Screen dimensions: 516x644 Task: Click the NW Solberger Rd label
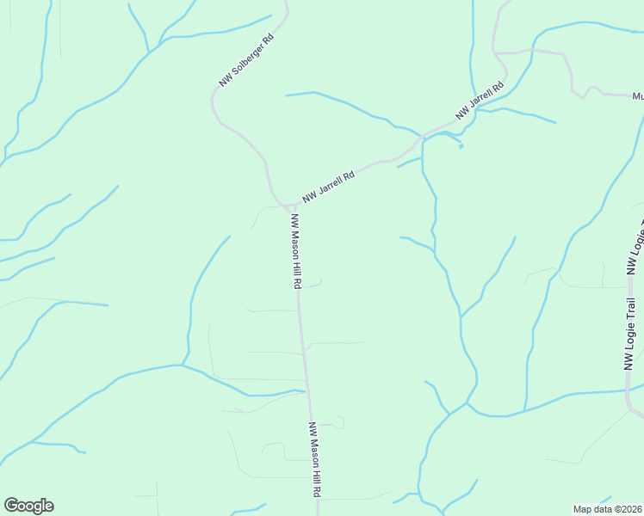[x=245, y=60]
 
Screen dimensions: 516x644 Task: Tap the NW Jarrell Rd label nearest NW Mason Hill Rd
[x=328, y=187]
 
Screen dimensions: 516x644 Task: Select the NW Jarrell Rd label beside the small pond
[x=479, y=101]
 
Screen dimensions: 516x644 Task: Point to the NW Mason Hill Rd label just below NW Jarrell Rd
[x=295, y=250]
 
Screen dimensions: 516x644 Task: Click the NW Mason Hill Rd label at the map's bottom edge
[x=315, y=459]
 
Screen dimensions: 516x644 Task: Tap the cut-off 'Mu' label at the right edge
[x=637, y=95]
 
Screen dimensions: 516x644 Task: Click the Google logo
[x=28, y=506]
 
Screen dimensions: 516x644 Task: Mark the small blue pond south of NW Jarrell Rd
[x=461, y=145]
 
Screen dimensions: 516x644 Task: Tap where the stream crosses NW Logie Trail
[x=629, y=390]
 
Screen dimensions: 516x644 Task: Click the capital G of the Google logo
[x=11, y=506]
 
